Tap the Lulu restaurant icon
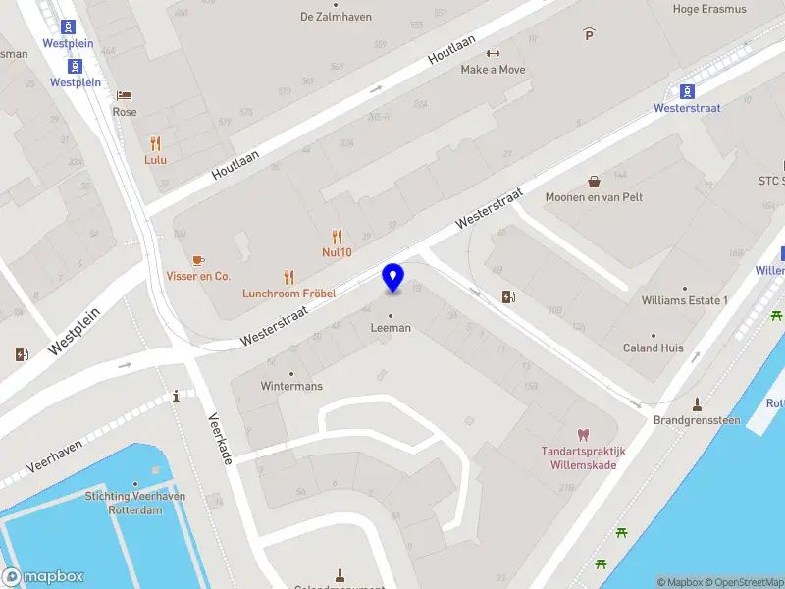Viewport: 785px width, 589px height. pyautogui.click(x=155, y=143)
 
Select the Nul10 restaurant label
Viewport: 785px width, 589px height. pyautogui.click(x=337, y=251)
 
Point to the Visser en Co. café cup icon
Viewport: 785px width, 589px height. pyautogui.click(x=198, y=260)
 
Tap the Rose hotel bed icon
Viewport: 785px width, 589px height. pyautogui.click(x=125, y=95)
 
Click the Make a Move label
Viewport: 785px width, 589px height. pyautogui.click(x=493, y=70)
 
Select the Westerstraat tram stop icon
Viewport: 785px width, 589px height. pyautogui.click(x=687, y=91)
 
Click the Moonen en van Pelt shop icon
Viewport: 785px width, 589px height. pyautogui.click(x=595, y=181)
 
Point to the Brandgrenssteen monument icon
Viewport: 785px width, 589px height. pyautogui.click(x=698, y=404)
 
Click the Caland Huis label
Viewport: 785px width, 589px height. pyautogui.click(x=653, y=348)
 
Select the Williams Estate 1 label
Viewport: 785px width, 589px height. pyautogui.click(x=684, y=300)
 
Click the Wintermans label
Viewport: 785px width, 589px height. pyautogui.click(x=291, y=386)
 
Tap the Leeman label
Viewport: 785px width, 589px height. pyautogui.click(x=391, y=328)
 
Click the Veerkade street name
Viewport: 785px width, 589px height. pyautogui.click(x=219, y=438)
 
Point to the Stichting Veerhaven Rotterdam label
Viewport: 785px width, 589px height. pyautogui.click(x=134, y=503)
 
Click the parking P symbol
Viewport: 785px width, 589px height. pyautogui.click(x=589, y=34)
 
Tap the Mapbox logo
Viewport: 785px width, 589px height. pyautogui.click(x=43, y=577)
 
